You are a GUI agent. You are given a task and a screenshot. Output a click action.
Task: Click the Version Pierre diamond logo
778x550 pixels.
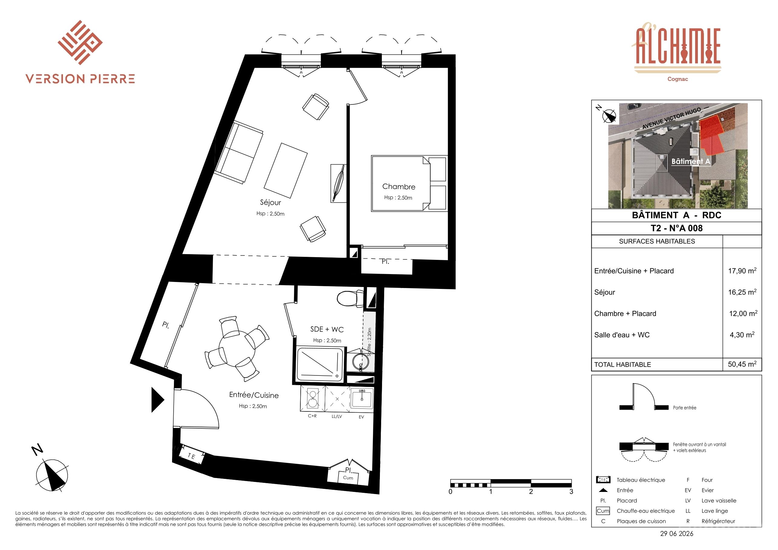tap(80, 42)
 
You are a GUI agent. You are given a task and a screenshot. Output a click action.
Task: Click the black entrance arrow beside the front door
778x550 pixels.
tap(158, 400)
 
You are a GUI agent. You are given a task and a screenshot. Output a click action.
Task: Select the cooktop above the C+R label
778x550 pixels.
tap(312, 399)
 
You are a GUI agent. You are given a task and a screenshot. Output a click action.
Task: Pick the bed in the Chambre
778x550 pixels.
tap(409, 183)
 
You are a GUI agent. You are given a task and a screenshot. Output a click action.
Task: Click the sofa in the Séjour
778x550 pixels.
tap(239, 152)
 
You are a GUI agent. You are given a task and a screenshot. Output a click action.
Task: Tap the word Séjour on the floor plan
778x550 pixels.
tap(270, 202)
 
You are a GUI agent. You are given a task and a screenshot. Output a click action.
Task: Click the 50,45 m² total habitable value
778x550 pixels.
tap(742, 364)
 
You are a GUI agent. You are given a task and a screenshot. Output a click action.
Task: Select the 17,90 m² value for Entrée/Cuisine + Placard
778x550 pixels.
tap(742, 270)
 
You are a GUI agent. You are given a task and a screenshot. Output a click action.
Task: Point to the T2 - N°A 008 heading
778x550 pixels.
tap(676, 228)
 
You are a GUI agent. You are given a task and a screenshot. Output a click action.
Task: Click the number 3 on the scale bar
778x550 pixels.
tap(571, 491)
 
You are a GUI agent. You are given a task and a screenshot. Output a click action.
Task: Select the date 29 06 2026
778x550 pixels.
tap(677, 533)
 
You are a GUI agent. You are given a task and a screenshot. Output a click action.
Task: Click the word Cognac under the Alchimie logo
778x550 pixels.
tap(677, 79)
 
